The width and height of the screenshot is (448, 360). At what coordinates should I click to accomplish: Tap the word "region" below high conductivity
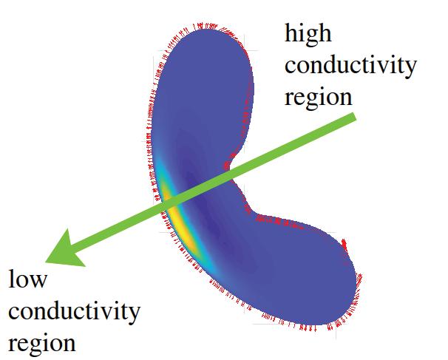[x=319, y=98]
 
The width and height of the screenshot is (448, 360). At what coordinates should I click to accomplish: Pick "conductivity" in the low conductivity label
[x=73, y=312]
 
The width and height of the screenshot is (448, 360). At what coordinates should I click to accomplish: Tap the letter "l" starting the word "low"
[x=11, y=279]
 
